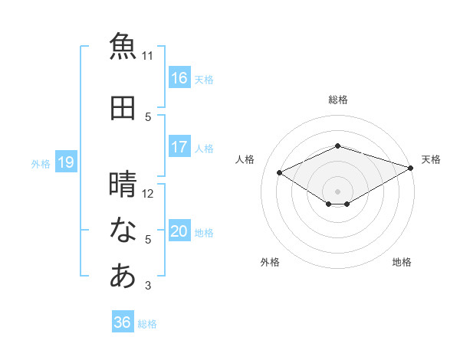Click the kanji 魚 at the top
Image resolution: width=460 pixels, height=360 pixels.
123,46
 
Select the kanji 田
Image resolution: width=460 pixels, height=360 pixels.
123,108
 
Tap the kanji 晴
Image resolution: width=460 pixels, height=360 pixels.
123,184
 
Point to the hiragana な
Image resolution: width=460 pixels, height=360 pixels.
123,230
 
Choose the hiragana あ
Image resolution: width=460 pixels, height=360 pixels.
123,275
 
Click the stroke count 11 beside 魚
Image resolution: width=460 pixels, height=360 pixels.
147,56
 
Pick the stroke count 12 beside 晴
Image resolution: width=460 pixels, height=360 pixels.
147,194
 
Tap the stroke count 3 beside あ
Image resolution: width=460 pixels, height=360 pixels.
148,285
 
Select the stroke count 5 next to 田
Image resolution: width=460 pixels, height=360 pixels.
148,117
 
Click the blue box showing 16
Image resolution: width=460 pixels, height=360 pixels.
179,77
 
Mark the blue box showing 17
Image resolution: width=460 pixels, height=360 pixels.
179,146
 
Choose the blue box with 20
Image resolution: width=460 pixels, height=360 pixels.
179,230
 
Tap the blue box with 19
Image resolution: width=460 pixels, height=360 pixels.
66,162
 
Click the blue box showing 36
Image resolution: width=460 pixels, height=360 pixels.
123,321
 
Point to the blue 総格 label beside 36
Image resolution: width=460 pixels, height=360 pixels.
147,324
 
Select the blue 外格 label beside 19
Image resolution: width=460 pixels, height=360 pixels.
41,164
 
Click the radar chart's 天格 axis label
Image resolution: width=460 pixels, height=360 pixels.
431,159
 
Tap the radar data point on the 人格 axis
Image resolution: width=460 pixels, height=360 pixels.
279,172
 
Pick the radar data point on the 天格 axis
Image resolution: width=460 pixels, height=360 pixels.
410,168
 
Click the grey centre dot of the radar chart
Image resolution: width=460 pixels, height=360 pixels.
337,191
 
